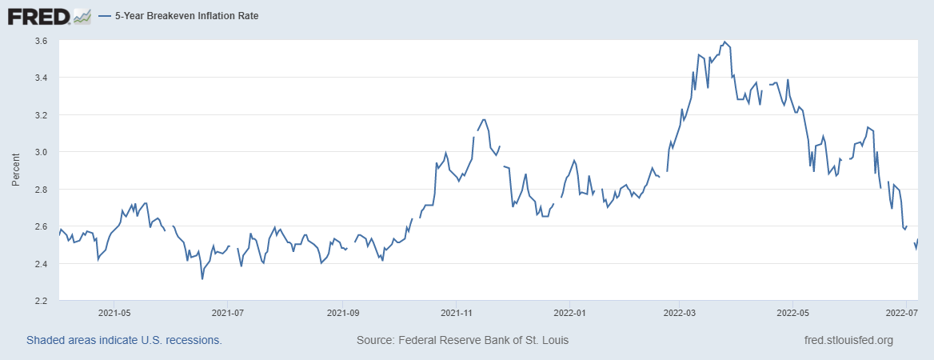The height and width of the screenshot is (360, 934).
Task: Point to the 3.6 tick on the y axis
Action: point(41,40)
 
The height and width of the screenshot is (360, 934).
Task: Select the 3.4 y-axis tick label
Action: point(41,78)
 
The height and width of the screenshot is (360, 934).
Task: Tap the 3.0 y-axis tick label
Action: point(41,152)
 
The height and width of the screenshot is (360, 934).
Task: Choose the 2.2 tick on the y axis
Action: point(41,301)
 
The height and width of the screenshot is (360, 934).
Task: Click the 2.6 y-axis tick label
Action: point(41,226)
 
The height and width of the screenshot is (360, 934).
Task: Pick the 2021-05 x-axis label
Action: point(114,313)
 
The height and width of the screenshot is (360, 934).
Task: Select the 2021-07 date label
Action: point(228,313)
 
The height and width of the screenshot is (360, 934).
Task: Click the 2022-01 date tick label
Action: point(570,313)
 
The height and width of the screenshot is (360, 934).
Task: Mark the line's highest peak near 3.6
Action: point(724,42)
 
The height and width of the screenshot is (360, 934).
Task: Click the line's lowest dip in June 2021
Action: point(202,278)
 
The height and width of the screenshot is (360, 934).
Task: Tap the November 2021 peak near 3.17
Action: point(484,119)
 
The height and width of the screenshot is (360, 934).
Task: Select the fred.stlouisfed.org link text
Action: point(848,340)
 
